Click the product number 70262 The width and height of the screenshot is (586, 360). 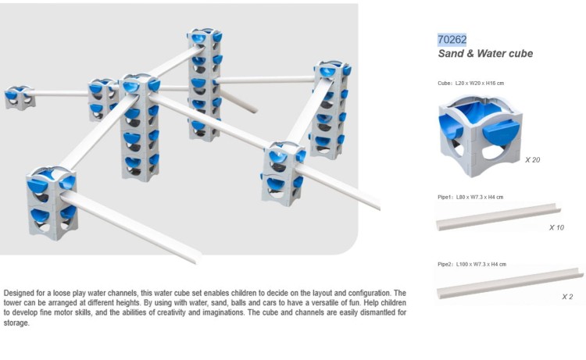tap(452, 40)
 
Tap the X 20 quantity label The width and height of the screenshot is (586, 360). tap(532, 160)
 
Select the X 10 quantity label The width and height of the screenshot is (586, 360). tap(556, 227)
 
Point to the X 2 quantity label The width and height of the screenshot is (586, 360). tap(567, 297)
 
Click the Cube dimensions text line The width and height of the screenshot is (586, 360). tap(471, 84)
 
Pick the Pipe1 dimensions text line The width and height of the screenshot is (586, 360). tap(470, 197)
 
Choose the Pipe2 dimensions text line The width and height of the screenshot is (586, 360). tap(472, 264)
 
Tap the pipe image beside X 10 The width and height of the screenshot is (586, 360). tap(498, 217)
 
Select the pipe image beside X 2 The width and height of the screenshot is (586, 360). tap(509, 283)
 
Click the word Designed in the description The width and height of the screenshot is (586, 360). tap(19, 293)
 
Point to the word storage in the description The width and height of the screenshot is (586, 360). tap(16, 323)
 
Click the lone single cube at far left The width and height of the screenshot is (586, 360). tap(20, 98)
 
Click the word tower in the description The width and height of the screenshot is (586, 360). tap(13, 303)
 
